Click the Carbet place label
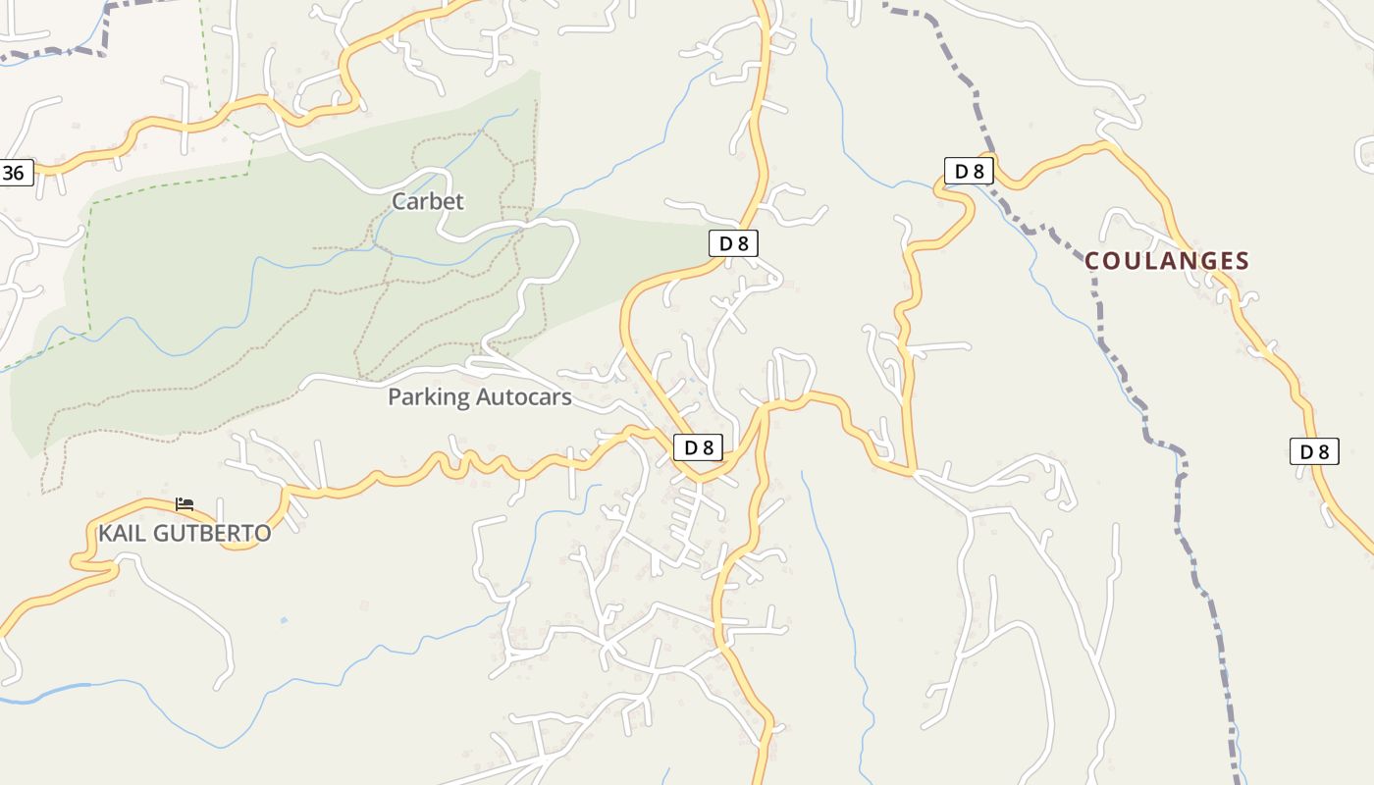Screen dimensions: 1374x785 [x=427, y=201]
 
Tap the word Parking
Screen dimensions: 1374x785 [x=428, y=397]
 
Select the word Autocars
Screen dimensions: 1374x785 [x=523, y=397]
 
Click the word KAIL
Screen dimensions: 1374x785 [x=120, y=534]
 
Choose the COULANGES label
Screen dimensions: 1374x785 [x=1167, y=261]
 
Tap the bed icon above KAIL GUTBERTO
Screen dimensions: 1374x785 [x=185, y=504]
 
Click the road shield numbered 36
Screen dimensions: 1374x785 [x=15, y=174]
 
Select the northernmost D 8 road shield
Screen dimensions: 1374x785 [x=969, y=171]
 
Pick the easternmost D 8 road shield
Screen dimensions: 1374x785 [x=1313, y=451]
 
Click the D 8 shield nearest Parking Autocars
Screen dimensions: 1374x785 [x=698, y=447]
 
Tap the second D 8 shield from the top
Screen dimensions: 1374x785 [x=733, y=243]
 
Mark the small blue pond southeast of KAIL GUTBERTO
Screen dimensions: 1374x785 [x=284, y=620]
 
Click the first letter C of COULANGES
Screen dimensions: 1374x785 [x=1093, y=261]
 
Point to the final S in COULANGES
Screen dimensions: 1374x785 [x=1242, y=261]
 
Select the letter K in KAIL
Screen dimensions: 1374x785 [x=105, y=534]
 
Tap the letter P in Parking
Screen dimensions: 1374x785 [x=395, y=397]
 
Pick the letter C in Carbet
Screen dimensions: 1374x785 [x=399, y=201]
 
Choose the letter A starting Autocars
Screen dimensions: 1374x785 [x=484, y=397]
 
